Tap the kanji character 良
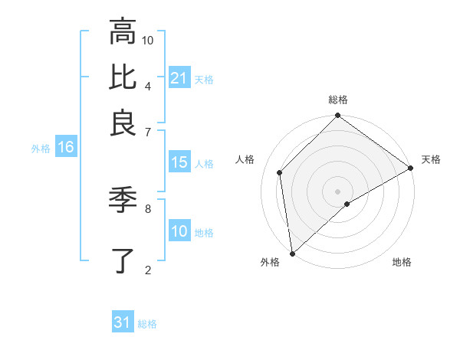pos(123,123)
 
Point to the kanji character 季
pos(123,201)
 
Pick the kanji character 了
pos(123,260)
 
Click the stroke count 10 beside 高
pos(148,40)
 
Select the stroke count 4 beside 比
pos(148,85)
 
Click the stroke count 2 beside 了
pos(148,269)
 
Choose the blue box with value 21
pos(179,78)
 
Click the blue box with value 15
pos(179,163)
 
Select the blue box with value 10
pos(179,232)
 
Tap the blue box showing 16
pos(66,148)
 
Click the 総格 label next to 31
pos(147,324)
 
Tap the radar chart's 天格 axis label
pos(431,159)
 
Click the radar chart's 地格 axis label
pos(402,263)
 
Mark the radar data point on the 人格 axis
pos(281,172)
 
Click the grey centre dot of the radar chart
pos(338,191)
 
